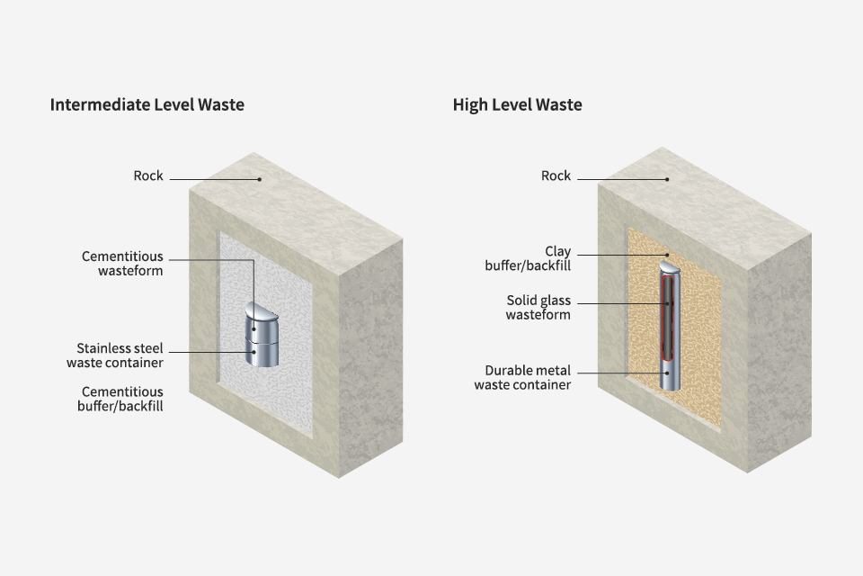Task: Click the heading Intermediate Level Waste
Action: click(x=147, y=105)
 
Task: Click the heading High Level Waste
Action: click(x=517, y=105)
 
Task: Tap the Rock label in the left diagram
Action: click(x=148, y=175)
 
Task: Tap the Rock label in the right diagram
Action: click(x=556, y=175)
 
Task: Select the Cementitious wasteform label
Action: click(x=122, y=263)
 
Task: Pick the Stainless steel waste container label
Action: click(x=115, y=355)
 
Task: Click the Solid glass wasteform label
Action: click(x=538, y=308)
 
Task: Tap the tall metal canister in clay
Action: click(x=670, y=333)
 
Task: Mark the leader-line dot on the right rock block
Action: click(x=667, y=179)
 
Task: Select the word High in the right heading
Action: click(x=470, y=105)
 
